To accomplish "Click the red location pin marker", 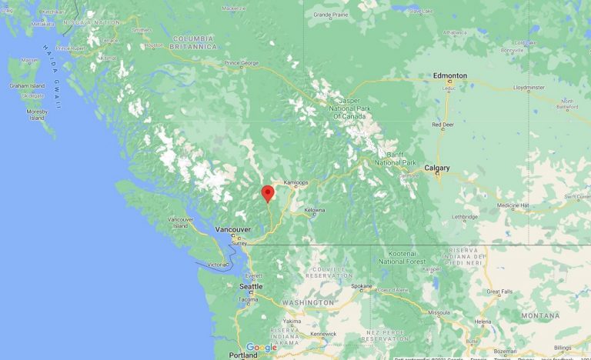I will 268,192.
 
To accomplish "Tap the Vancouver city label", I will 233,229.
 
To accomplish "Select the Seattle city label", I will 251,286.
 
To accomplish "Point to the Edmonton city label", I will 449,75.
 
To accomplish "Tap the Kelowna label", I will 314,210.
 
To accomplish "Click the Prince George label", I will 242,62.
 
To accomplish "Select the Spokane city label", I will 362,286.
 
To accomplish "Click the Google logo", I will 262,348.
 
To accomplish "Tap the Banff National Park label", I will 395,159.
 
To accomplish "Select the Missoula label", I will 439,313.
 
